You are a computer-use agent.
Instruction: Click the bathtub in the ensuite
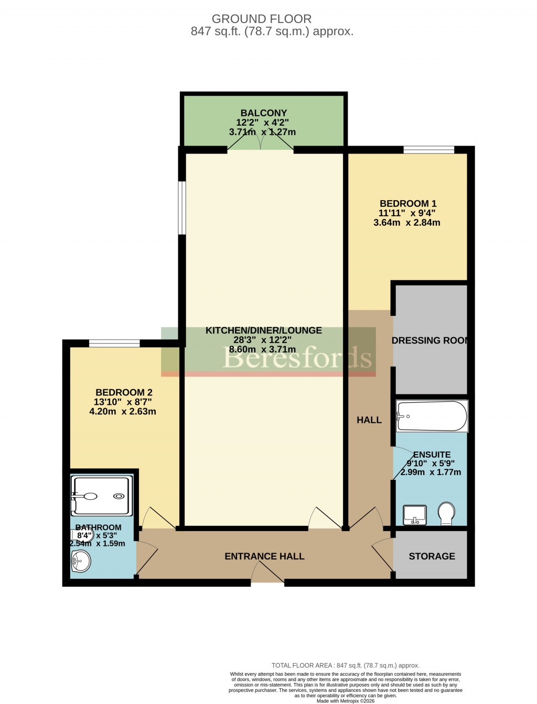point(432,416)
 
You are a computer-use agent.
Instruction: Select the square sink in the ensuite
point(414,515)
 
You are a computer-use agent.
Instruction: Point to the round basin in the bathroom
point(81,562)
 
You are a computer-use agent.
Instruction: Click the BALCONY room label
point(264,113)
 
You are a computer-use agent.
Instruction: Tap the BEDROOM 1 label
point(408,203)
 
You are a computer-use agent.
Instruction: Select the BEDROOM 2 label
point(124,392)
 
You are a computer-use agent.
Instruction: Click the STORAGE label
point(432,556)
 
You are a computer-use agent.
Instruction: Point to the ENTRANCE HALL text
point(264,556)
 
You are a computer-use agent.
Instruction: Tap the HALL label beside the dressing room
point(369,420)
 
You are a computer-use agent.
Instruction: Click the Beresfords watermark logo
point(297,358)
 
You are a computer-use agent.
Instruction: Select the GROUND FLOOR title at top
point(261,19)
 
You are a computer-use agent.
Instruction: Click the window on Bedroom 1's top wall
point(428,150)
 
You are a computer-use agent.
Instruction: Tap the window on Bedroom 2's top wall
point(114,344)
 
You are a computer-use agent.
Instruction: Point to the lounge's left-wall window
point(182,207)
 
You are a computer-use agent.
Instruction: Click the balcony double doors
point(261,149)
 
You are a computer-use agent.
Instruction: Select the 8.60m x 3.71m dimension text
point(262,349)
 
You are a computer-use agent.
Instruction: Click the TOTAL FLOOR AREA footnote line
point(345,666)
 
